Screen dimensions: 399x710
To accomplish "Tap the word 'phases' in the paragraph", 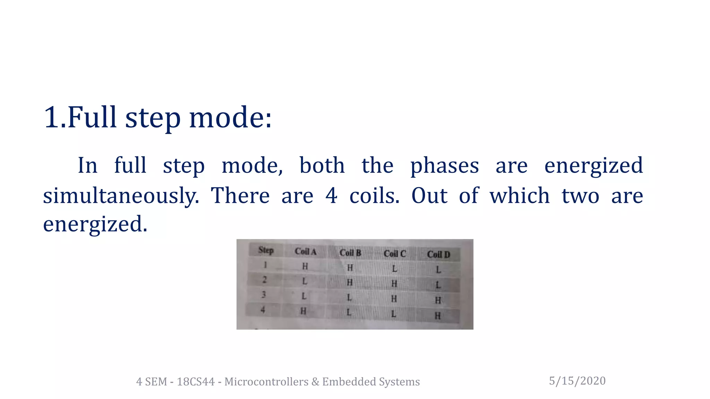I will point(444,166).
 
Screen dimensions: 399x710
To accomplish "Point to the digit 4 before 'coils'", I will point(331,195).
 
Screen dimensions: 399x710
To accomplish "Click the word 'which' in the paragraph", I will point(519,195).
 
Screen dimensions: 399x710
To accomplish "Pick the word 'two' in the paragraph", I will point(580,195).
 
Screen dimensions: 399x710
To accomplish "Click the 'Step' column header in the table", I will point(266,250).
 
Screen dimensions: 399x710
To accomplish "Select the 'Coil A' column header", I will point(305,251).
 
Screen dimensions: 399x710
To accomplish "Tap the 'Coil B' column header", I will point(350,253).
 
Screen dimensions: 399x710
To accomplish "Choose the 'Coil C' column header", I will point(395,254).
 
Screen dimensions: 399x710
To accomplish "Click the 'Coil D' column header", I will point(439,255).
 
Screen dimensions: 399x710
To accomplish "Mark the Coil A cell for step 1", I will point(305,266).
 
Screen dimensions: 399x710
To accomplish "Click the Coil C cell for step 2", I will point(394,284).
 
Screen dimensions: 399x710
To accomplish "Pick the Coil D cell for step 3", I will point(438,300).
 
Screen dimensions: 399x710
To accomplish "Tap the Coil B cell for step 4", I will point(349,312).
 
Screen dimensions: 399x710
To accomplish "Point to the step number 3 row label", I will point(264,295).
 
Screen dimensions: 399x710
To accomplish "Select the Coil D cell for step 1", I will point(438,269).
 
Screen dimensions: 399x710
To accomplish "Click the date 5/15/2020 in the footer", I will point(577,381).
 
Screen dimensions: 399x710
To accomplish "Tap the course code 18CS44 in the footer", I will point(196,382).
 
